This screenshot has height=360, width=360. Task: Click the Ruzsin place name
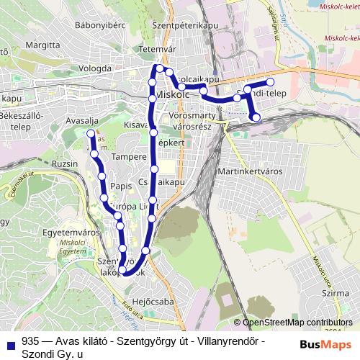point(65,163)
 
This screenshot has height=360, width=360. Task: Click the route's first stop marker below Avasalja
point(91,134)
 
